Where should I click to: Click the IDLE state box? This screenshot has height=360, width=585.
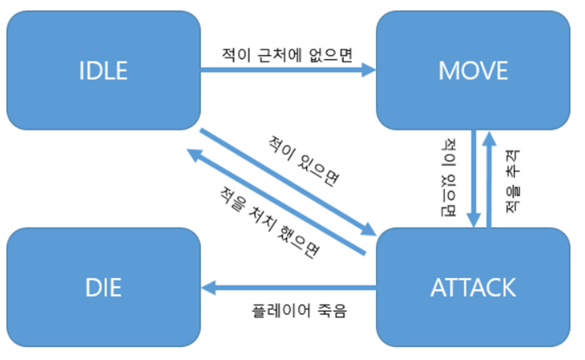[x=103, y=70]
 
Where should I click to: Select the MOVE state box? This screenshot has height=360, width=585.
[x=473, y=70]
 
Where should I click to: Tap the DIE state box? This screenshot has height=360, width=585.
[x=103, y=287]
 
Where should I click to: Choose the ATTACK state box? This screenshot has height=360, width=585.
[x=473, y=287]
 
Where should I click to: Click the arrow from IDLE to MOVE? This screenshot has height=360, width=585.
[x=284, y=71]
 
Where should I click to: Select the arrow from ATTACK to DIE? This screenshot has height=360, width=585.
[x=289, y=286]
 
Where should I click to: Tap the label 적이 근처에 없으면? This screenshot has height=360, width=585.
[x=287, y=54]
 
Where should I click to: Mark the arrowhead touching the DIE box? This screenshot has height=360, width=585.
[x=207, y=286]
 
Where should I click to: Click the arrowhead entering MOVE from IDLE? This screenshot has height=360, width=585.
[x=369, y=71]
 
